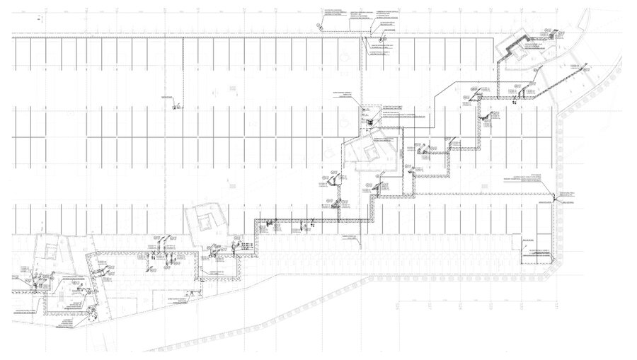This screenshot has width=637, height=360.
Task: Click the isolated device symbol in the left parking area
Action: tap(173, 108)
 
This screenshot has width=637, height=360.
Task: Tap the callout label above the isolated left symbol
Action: tap(168, 95)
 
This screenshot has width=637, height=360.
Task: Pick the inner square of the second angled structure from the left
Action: tap(205, 221)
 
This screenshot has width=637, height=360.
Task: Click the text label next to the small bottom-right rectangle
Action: tap(536, 251)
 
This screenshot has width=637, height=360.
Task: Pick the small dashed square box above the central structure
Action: tap(367, 111)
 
